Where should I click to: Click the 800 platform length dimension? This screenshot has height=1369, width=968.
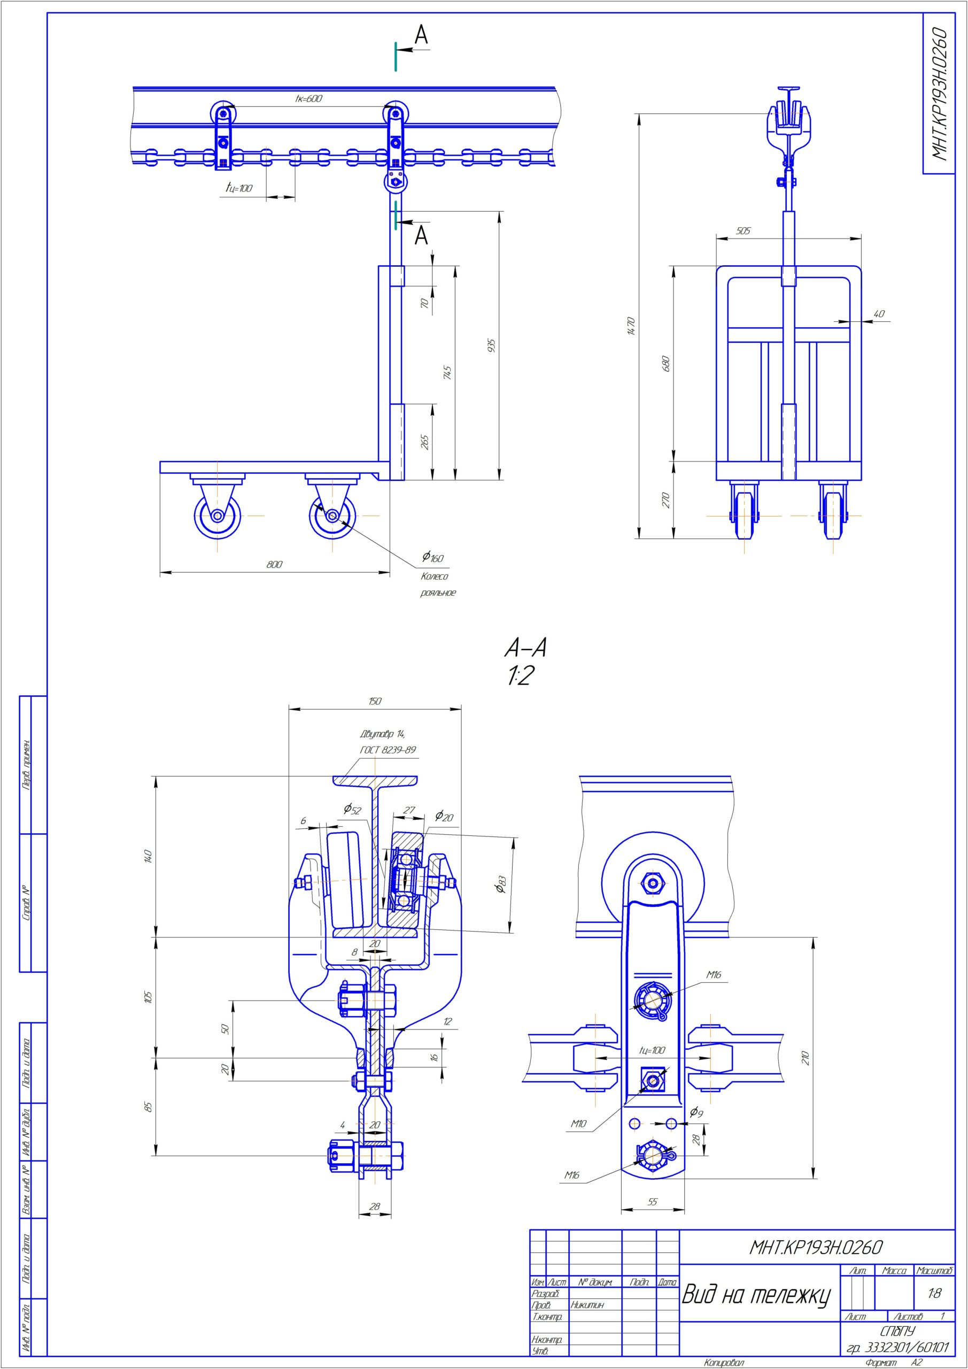coord(274,564)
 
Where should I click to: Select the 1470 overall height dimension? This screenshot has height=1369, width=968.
coord(632,326)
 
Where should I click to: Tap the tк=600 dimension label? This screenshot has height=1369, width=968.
coord(309,99)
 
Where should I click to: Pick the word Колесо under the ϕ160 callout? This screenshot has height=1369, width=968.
coord(435,576)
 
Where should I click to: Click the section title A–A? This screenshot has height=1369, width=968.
coord(525,648)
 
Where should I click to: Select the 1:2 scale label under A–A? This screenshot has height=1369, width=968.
coord(521,676)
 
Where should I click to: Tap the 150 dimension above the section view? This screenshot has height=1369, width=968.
coord(374,701)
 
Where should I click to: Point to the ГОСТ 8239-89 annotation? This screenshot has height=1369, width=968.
coord(388,750)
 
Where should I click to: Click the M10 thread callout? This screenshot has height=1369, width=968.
coord(578,1124)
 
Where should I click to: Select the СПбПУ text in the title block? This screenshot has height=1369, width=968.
coord(897,1331)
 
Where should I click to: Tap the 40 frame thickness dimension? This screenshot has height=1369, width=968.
coord(879,313)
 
